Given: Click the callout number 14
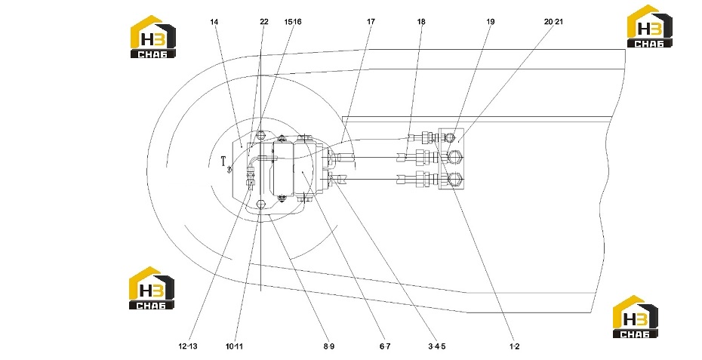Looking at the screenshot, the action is click(x=214, y=21).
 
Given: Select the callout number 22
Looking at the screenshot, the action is click(x=263, y=21).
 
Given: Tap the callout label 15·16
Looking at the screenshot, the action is click(x=293, y=21).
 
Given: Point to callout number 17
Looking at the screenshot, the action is click(x=371, y=21).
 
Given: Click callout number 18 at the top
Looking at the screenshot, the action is click(x=421, y=21).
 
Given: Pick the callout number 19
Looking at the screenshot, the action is click(x=491, y=21).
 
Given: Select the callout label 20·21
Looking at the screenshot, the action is click(x=553, y=21).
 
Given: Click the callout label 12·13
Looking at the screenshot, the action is click(x=188, y=346).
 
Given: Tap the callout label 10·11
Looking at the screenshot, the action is click(x=234, y=346).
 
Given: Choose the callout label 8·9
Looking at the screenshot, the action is click(x=328, y=346).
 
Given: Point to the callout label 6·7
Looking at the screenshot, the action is click(x=385, y=346).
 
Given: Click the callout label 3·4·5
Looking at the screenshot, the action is click(x=437, y=346).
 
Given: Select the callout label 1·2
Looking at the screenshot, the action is click(x=514, y=346).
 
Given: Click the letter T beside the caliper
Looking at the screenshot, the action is click(x=223, y=162).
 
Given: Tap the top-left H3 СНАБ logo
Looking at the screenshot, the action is click(x=152, y=37).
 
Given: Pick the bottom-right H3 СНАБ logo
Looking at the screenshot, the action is click(x=636, y=316).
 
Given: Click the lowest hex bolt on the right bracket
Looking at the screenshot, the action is click(x=456, y=178).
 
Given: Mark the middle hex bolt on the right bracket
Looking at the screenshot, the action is click(x=456, y=157).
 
